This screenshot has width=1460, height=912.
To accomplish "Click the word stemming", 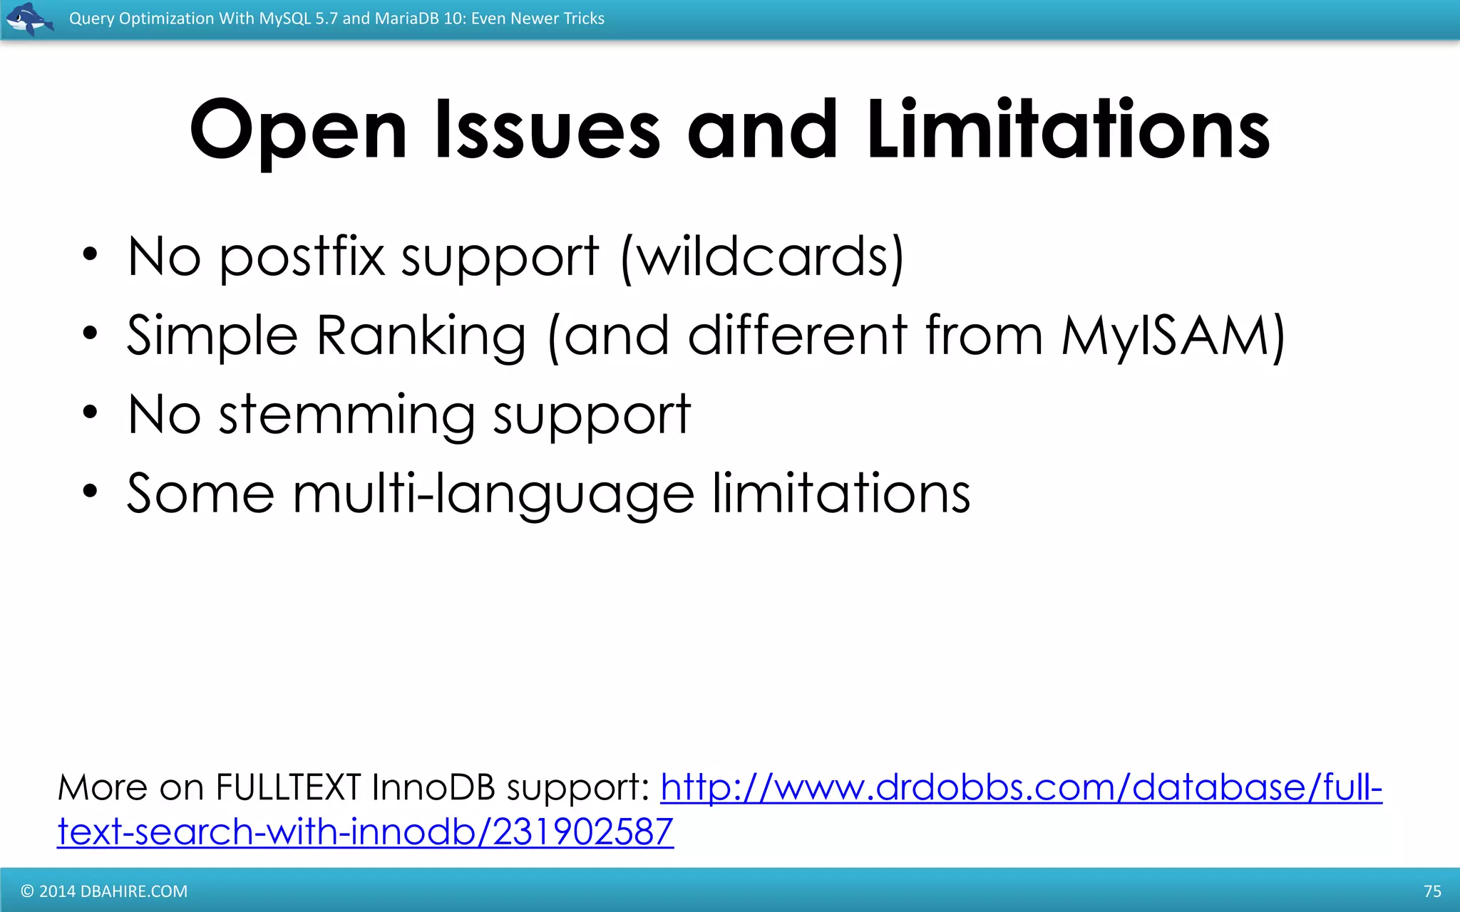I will coord(346,415).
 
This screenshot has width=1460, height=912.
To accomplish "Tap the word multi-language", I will coord(493,493).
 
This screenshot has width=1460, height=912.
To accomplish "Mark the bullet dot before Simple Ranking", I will coord(89,333).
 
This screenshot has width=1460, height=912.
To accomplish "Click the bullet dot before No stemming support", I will coord(89,413).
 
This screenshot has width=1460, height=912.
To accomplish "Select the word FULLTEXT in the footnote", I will coord(288,788).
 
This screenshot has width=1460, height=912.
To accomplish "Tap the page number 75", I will coord(1432,891).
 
